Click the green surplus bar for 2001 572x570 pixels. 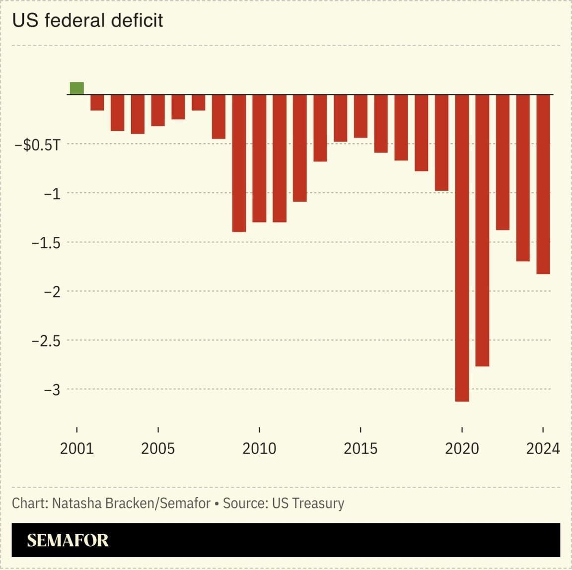click(77, 88)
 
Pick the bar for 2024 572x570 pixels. click(543, 184)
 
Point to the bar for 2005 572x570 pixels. click(158, 110)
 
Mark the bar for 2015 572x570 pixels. click(360, 116)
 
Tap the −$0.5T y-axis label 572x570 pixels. click(37, 145)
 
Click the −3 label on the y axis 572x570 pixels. click(52, 390)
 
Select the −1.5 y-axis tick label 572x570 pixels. click(46, 243)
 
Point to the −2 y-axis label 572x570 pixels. click(52, 292)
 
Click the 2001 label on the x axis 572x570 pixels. click(77, 449)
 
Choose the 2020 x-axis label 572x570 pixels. click(462, 449)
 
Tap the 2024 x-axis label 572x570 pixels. click(543, 449)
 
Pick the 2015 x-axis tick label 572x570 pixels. click(360, 449)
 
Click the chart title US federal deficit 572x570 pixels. click(87, 20)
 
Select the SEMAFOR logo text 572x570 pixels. click(68, 540)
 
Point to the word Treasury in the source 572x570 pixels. click(318, 503)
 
